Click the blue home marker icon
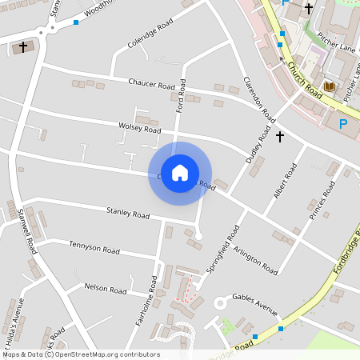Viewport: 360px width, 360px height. click(180, 173)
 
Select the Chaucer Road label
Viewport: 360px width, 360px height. click(151, 83)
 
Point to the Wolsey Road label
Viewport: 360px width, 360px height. click(139, 128)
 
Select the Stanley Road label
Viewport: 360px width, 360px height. click(128, 214)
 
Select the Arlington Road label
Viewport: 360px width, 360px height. click(255, 260)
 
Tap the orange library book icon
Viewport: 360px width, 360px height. click(329, 86)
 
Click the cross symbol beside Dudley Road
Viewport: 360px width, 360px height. click(280, 137)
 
